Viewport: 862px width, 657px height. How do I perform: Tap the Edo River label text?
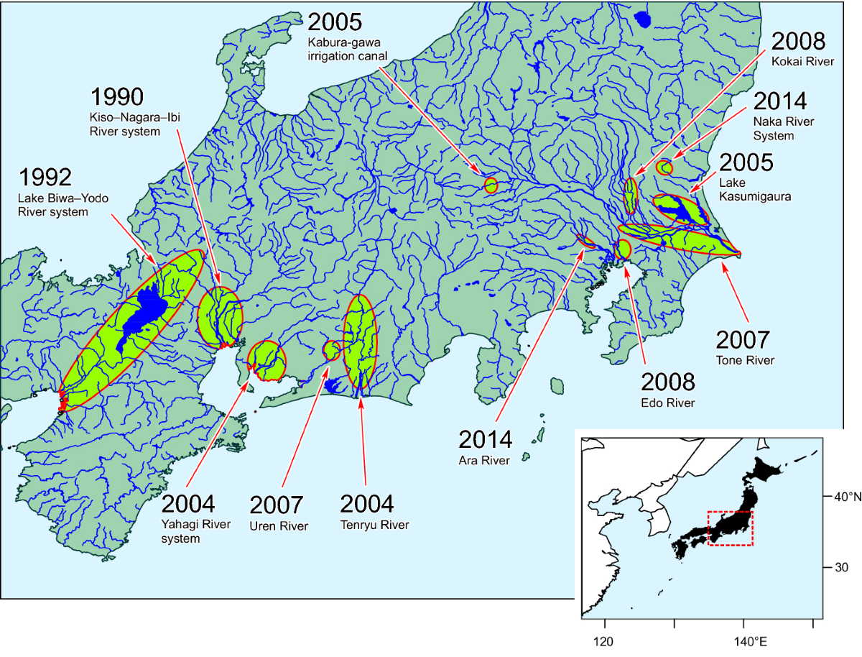(667, 403)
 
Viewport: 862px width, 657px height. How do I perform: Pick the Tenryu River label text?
(374, 525)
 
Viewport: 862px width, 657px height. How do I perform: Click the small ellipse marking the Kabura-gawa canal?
(491, 185)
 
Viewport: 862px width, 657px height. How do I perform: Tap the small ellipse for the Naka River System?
(664, 167)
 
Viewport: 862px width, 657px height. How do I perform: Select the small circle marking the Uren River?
(332, 350)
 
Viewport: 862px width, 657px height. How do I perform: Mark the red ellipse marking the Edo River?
(623, 249)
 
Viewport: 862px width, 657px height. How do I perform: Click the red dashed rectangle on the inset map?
(730, 528)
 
